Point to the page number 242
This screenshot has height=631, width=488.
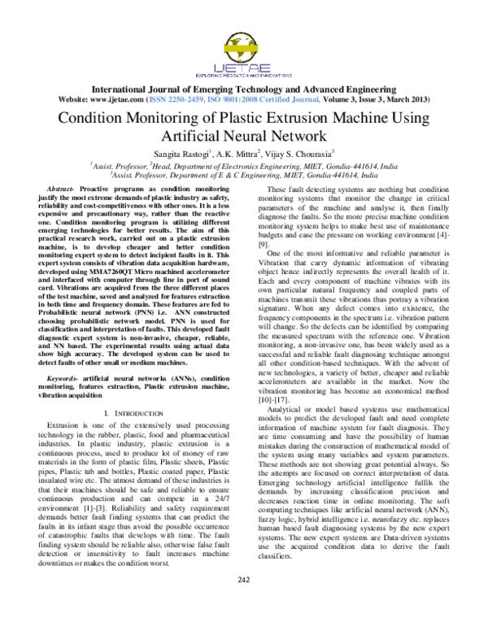[243, 602]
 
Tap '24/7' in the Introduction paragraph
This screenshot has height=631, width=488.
[220, 496]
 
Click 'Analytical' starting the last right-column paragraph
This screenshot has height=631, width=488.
[287, 410]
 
